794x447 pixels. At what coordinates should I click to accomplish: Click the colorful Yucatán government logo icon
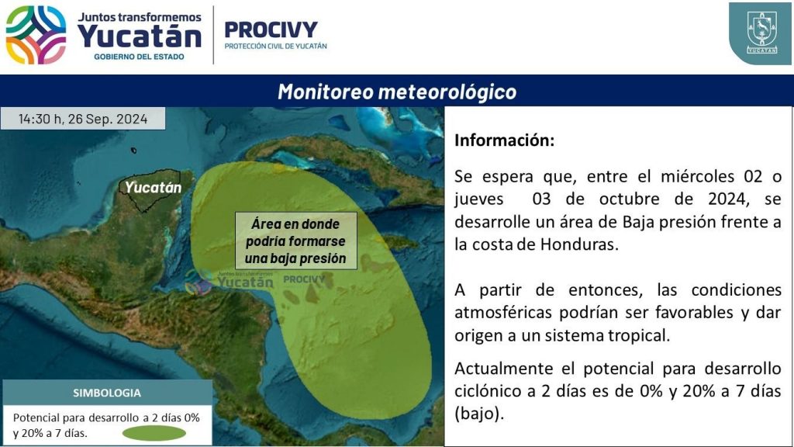[36, 35]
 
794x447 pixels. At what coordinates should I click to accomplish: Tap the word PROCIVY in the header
[271, 29]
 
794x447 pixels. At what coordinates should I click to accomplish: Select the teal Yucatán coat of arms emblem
[761, 33]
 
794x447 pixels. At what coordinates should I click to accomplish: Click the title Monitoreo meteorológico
[397, 92]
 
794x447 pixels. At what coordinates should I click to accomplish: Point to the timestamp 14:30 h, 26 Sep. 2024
[83, 119]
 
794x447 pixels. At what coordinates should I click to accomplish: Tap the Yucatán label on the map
[153, 188]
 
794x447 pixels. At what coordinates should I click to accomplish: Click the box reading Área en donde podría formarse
[295, 241]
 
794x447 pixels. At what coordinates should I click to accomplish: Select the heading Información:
[504, 140]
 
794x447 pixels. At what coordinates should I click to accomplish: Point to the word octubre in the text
[630, 199]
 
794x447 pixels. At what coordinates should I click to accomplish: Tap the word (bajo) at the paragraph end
[479, 414]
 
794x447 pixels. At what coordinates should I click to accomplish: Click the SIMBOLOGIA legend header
[107, 393]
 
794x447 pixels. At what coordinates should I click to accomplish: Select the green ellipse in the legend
[154, 433]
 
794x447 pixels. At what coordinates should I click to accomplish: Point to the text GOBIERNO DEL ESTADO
[139, 57]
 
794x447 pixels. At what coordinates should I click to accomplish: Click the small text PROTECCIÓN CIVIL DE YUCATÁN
[275, 46]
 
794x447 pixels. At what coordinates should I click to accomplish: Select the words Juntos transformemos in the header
[140, 17]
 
